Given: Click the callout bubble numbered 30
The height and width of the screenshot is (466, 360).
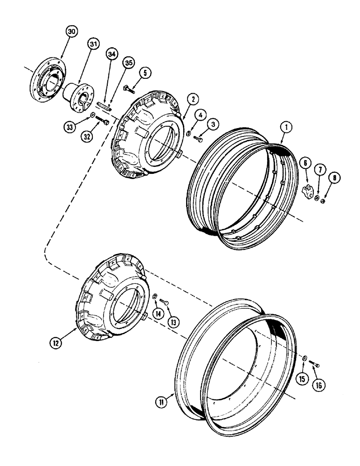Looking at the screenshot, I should (71, 32).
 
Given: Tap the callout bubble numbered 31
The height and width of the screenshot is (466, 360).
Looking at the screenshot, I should (94, 45).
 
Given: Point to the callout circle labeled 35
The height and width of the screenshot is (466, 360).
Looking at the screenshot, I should (128, 63).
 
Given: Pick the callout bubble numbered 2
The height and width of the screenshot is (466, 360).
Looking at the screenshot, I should (192, 99).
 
